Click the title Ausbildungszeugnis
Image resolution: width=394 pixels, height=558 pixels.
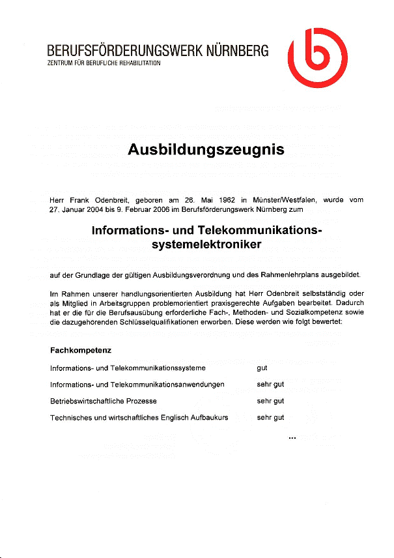click(206, 150)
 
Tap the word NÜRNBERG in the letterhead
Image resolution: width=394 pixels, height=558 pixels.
click(238, 51)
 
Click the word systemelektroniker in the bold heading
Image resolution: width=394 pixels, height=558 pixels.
click(206, 245)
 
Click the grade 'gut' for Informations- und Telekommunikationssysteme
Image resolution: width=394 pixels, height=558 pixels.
click(262, 368)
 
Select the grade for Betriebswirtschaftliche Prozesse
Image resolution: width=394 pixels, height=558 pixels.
click(270, 401)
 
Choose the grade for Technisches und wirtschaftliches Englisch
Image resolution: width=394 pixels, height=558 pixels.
click(270, 417)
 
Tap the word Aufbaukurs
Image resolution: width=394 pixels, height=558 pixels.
click(209, 417)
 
